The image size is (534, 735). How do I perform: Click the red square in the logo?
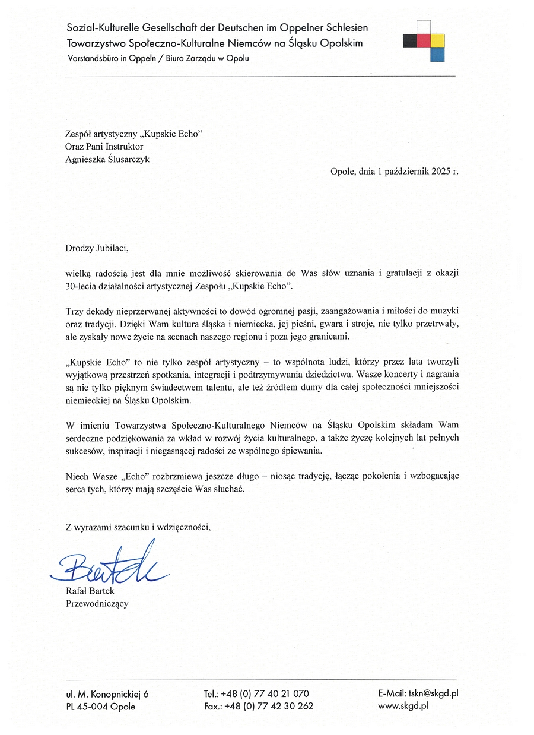coord(424,40)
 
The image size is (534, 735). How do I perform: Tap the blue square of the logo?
coord(437,54)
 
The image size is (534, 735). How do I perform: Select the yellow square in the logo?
coord(437,40)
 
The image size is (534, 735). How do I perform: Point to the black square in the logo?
coord(410,40)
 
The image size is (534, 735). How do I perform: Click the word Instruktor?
coord(123,146)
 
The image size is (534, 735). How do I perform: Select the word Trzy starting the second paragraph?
coord(74,311)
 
